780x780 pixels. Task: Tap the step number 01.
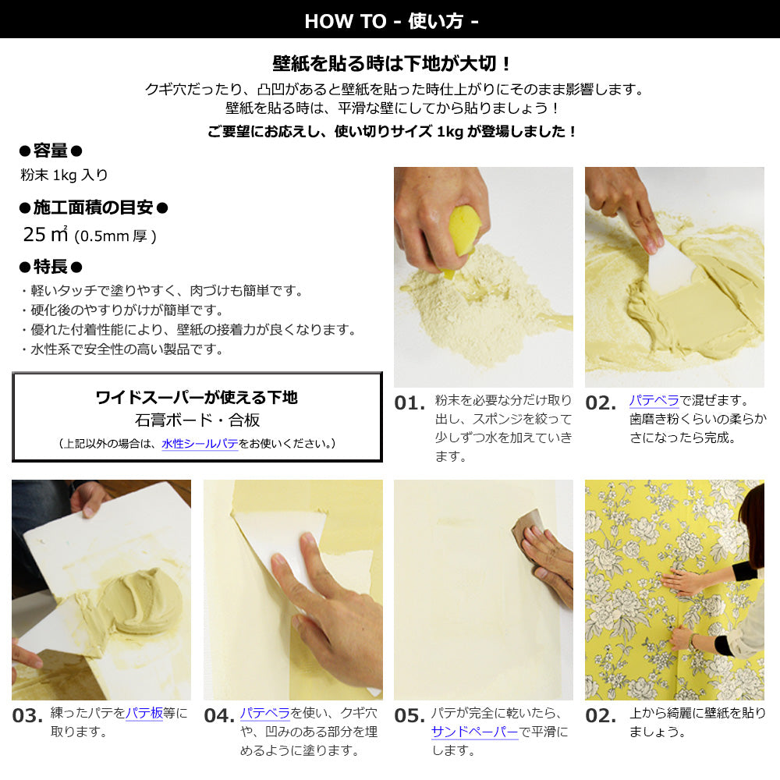409,403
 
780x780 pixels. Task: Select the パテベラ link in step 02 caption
654,400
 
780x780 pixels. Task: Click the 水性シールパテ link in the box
200,443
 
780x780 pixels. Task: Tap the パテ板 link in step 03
144,713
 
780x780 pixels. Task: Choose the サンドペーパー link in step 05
474,732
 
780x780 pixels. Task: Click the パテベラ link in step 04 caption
264,713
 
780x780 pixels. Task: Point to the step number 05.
409,716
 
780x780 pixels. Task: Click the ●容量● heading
51,151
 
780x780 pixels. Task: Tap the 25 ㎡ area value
44,234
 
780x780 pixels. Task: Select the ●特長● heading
51,267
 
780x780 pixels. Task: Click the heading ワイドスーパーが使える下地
197,397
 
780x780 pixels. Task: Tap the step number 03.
27,716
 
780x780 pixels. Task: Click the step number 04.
219,716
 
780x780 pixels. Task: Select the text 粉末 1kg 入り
64,175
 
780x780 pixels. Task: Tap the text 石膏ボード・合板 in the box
197,420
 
